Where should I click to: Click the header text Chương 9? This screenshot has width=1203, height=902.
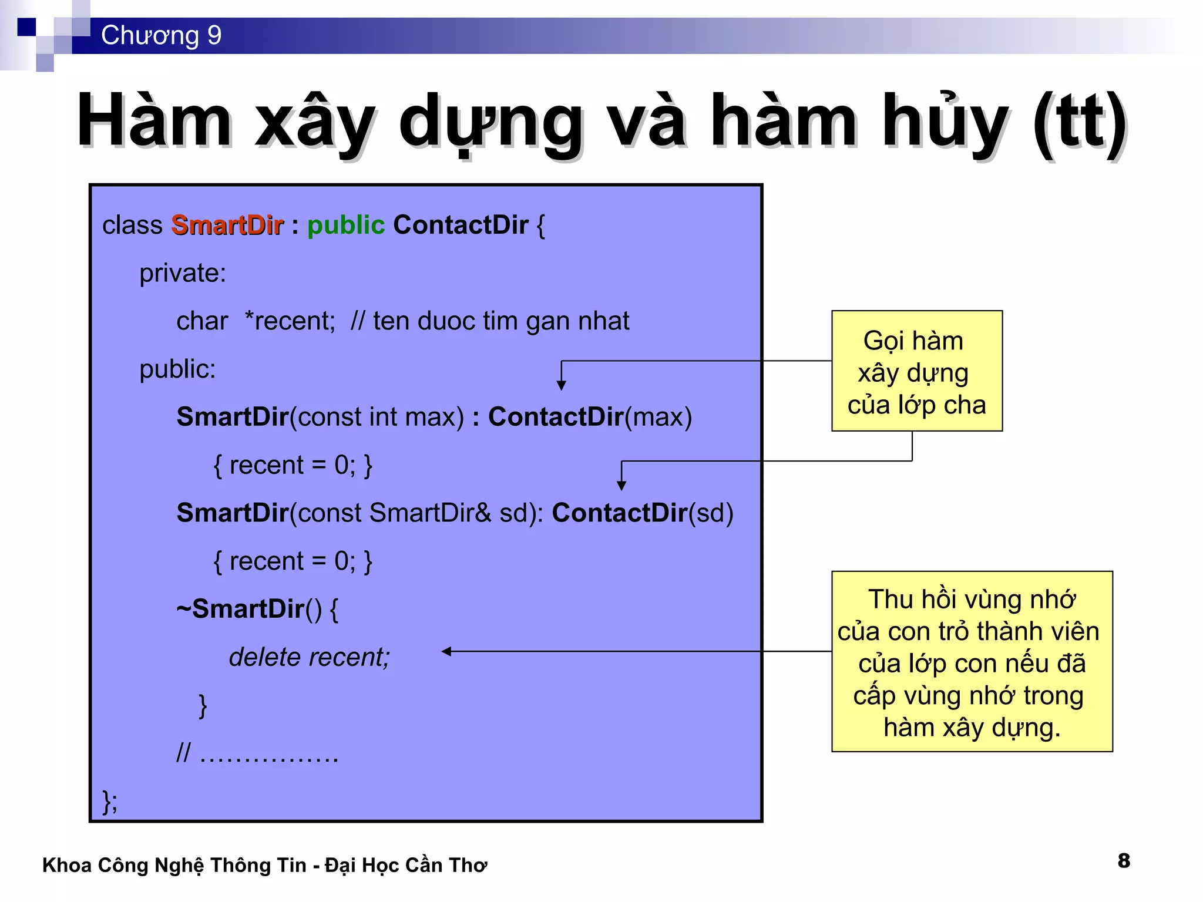coord(161,35)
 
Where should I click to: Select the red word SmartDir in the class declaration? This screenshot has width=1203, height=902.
coord(227,225)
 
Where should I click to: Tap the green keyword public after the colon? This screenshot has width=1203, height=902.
coord(345,225)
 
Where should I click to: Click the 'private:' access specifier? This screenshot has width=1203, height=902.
coord(183,274)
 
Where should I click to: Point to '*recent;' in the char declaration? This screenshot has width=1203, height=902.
coord(290,321)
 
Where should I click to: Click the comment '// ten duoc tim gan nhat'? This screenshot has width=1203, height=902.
coord(490,321)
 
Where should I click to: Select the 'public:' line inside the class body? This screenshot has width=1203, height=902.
coord(177,369)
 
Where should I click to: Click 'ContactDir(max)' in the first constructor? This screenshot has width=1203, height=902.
coord(590,417)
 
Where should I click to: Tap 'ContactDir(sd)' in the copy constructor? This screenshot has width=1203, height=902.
coord(643,513)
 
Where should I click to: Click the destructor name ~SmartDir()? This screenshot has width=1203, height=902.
coord(249,609)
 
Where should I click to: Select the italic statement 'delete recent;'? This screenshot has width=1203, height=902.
coord(309,657)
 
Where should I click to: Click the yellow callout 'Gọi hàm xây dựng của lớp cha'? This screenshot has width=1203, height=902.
coord(916,371)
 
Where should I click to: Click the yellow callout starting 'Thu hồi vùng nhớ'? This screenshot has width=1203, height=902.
coord(972,662)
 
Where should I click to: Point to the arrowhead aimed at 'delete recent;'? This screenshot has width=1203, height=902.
coord(446,651)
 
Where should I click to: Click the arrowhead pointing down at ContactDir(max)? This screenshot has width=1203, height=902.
coord(562,386)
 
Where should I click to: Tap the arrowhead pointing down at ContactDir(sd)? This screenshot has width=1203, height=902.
coord(621,486)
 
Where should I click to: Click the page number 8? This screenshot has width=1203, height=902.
coord(1124,861)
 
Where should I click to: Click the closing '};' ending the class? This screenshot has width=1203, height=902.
coord(110,802)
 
